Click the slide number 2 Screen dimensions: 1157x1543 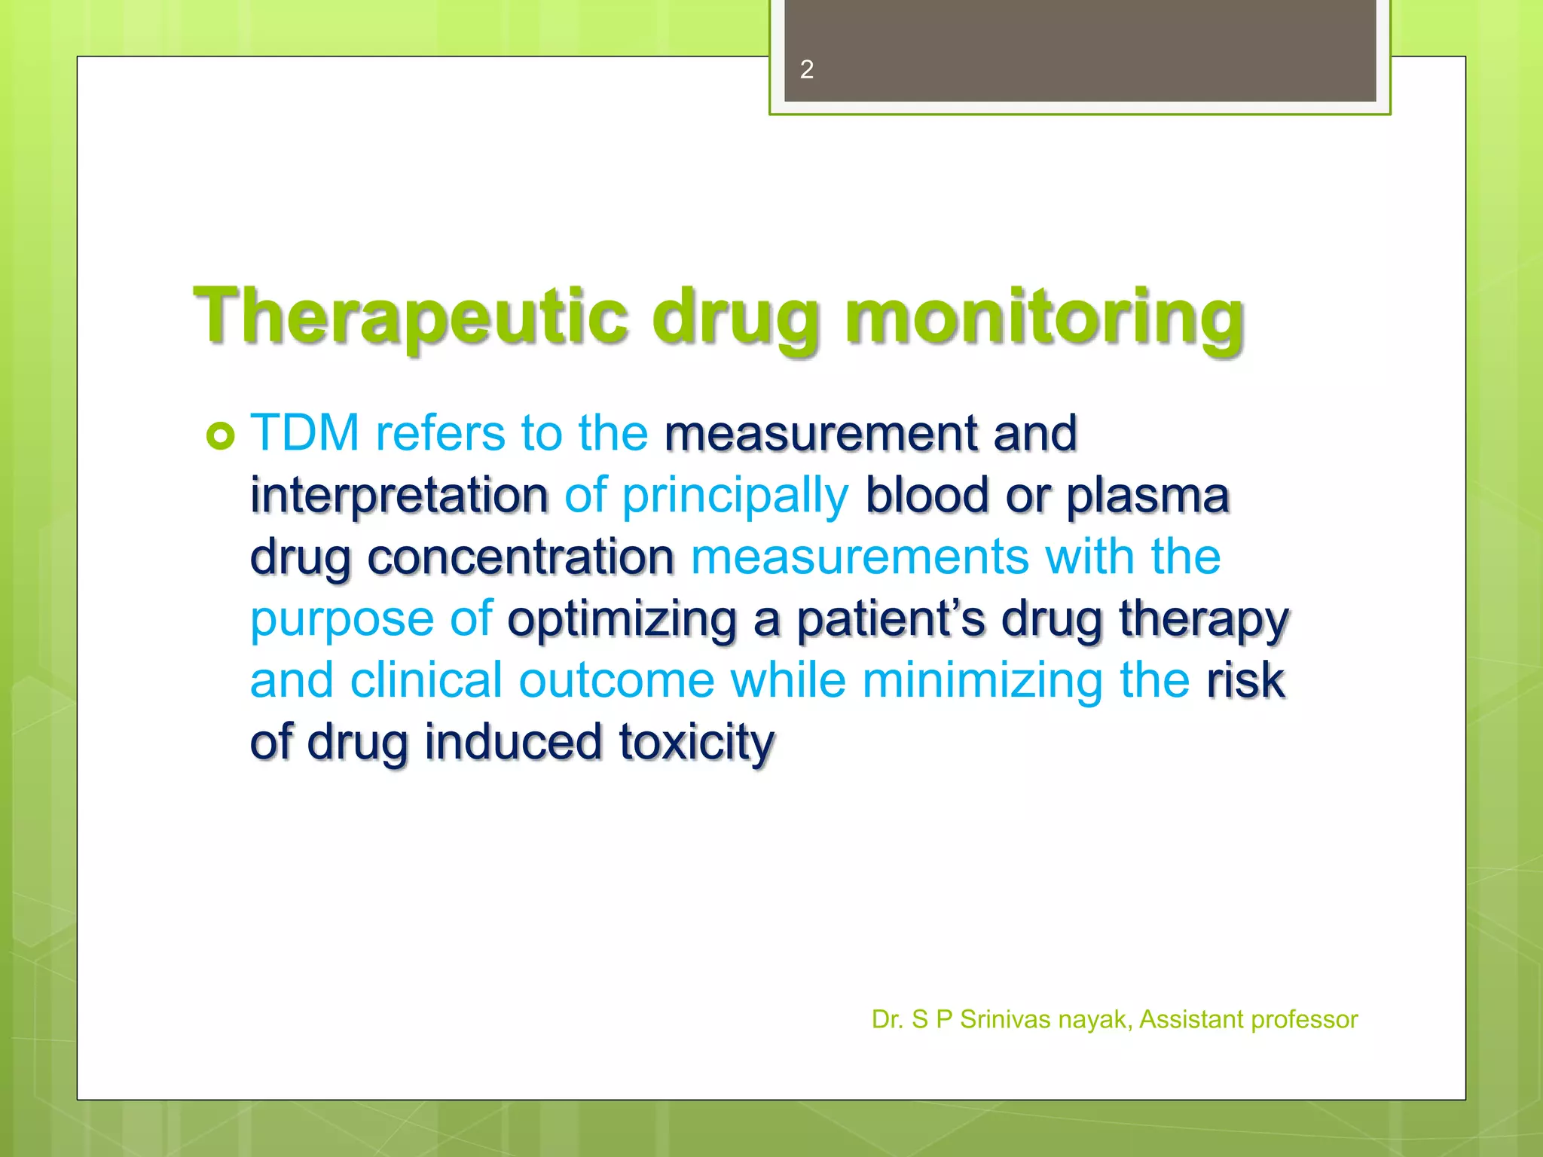pyautogui.click(x=806, y=69)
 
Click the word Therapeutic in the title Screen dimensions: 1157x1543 pyautogui.click(x=411, y=316)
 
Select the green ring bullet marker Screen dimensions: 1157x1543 pyautogui.click(x=221, y=435)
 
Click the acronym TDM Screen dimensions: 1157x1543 pyautogui.click(x=305, y=433)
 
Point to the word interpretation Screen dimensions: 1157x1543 pyautogui.click(x=399, y=496)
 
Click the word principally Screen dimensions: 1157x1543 pyautogui.click(x=735, y=497)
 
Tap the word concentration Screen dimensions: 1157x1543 pyautogui.click(x=521, y=557)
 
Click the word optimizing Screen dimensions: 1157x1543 pyautogui.click(x=622, y=621)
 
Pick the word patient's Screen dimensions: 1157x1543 pyautogui.click(x=891, y=619)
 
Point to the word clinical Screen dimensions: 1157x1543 pyautogui.click(x=426, y=680)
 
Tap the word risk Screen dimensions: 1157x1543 pyautogui.click(x=1245, y=680)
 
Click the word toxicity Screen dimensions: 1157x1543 pyautogui.click(x=697, y=743)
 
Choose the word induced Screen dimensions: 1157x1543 pyautogui.click(x=513, y=742)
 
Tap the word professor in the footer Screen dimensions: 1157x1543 pyautogui.click(x=1304, y=1020)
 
